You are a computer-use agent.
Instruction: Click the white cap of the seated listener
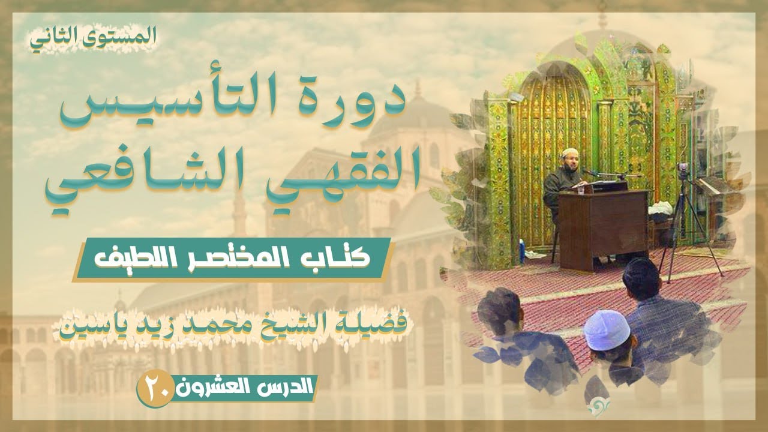(x=606, y=327)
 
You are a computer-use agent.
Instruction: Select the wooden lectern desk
(x=603, y=228)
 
